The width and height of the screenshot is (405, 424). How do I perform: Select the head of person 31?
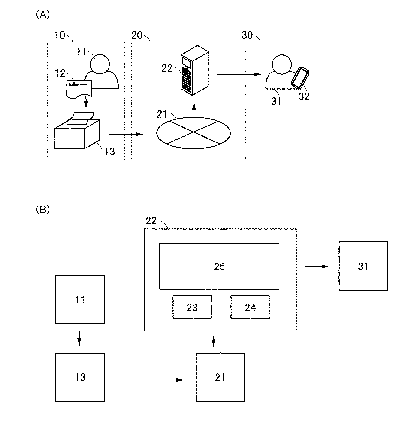pyautogui.click(x=281, y=64)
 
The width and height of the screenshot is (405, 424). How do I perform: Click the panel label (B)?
pyautogui.click(x=43, y=210)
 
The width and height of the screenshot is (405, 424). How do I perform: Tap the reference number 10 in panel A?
pyautogui.click(x=60, y=35)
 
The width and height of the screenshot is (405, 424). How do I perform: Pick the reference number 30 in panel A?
pyautogui.click(x=247, y=35)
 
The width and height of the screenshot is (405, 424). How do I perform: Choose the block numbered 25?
pyautogui.click(x=219, y=266)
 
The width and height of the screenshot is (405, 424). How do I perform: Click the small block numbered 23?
pyautogui.click(x=192, y=308)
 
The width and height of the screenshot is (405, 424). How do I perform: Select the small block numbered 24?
pyautogui.click(x=250, y=308)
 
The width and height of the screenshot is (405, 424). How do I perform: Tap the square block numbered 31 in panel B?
pyautogui.click(x=363, y=266)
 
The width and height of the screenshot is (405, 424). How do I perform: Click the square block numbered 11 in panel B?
pyautogui.click(x=80, y=300)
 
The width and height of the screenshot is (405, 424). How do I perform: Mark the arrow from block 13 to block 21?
pyautogui.click(x=150, y=380)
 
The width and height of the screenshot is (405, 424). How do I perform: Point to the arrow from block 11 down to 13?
pyautogui.click(x=79, y=338)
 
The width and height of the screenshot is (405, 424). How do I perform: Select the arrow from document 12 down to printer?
pyautogui.click(x=86, y=102)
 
